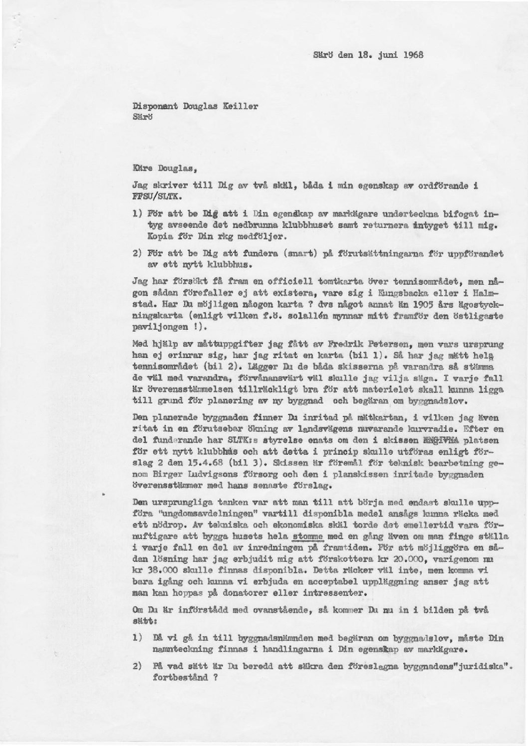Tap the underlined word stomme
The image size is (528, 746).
(x=308, y=537)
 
